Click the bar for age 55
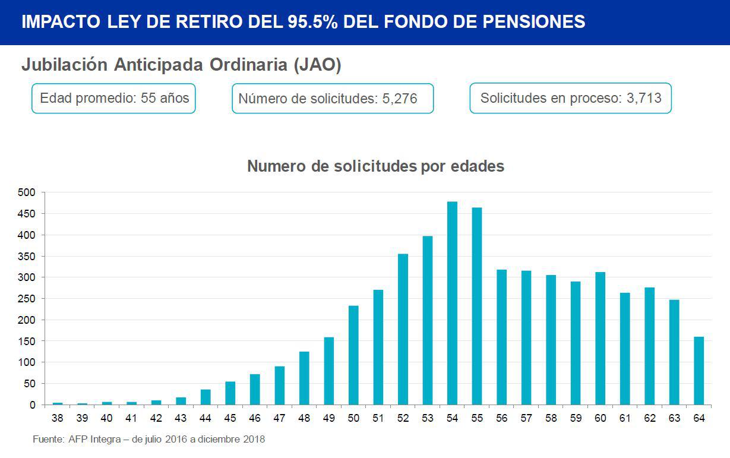tap(477, 306)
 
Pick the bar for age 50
tap(353, 355)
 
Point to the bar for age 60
tap(600, 339)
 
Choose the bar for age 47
tap(279, 386)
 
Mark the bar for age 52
tap(403, 329)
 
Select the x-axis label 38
tap(57, 418)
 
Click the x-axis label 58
tap(551, 418)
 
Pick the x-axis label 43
tap(181, 418)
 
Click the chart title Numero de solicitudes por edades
tap(375, 166)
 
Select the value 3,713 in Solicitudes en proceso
tap(644, 98)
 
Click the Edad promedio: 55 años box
tap(113, 98)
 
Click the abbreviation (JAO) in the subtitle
tap(317, 65)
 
